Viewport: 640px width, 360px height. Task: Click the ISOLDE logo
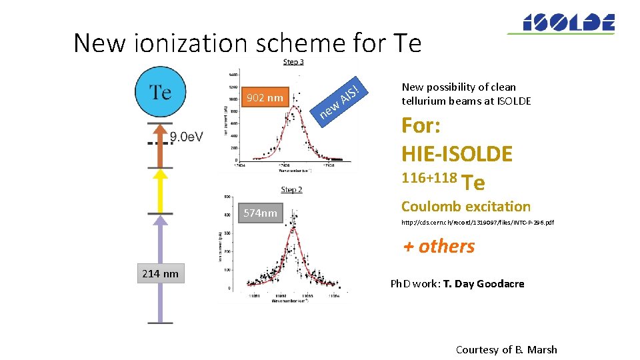point(560,23)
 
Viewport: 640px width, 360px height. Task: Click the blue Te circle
point(160,92)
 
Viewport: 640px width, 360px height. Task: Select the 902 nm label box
point(265,99)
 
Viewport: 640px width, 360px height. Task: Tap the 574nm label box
point(260,213)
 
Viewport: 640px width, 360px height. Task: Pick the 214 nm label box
point(160,273)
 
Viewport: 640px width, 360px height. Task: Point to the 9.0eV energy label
point(187,137)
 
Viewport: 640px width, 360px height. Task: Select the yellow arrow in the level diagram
point(160,191)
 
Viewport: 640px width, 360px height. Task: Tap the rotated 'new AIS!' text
point(340,100)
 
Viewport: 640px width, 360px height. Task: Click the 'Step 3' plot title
point(294,62)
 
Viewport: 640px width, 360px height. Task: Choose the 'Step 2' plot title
point(291,190)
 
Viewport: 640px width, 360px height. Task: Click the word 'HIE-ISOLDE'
point(457,154)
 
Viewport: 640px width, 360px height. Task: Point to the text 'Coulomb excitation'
point(466,207)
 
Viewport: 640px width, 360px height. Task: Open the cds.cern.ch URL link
point(477,223)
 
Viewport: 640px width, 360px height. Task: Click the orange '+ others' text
point(439,246)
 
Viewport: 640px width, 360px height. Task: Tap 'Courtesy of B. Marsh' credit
point(506,349)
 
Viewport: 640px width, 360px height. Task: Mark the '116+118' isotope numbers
point(429,178)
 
